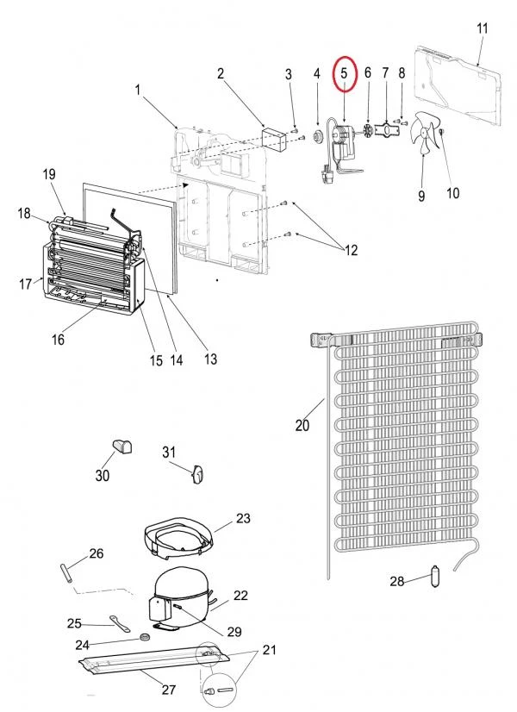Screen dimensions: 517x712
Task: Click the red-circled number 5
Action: click(x=344, y=73)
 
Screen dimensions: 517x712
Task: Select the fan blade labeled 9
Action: click(x=423, y=133)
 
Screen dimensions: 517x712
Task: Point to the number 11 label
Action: click(x=482, y=28)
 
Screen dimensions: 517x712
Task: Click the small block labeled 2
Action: click(x=273, y=140)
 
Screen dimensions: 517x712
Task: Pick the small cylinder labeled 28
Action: click(x=435, y=576)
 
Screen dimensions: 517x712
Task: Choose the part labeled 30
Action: click(x=121, y=447)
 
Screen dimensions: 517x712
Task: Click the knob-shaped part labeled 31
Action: click(x=197, y=474)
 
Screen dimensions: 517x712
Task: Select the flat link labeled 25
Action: click(x=120, y=623)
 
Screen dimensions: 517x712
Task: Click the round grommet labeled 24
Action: click(x=146, y=637)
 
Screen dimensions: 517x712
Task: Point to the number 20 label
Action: click(x=302, y=426)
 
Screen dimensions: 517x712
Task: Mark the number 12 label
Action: click(x=351, y=250)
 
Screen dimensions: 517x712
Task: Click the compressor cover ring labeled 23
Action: click(x=178, y=538)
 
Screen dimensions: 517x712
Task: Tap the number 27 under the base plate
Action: click(x=168, y=690)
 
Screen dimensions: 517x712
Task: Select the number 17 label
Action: click(x=25, y=284)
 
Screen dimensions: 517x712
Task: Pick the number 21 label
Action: click(x=269, y=650)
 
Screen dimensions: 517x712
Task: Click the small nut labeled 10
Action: click(x=442, y=131)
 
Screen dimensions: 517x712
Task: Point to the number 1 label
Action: click(x=138, y=90)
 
